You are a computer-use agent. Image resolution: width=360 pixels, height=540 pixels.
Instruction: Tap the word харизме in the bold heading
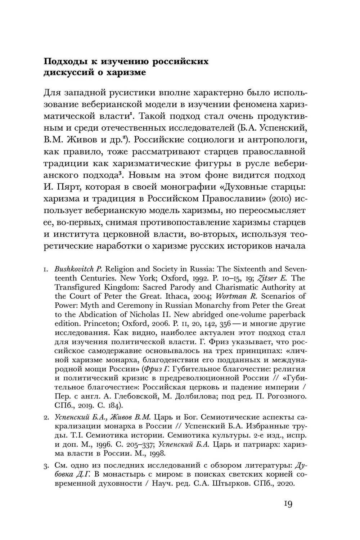127,72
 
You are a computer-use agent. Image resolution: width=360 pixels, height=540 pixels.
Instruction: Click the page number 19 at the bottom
288,504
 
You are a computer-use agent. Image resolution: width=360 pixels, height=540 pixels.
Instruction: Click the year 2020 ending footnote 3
284,483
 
